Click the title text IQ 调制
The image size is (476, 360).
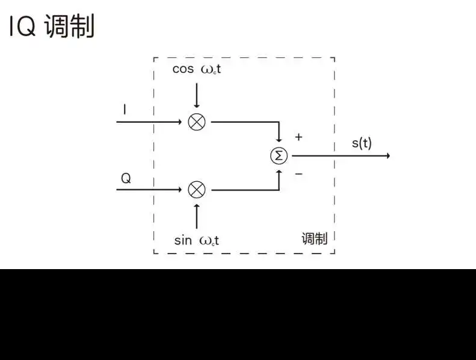point(52,27)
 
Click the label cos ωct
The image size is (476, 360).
point(196,69)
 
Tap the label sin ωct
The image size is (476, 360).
point(196,240)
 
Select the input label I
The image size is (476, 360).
point(125,110)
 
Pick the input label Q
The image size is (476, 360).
point(126,178)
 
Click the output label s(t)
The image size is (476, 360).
point(362,143)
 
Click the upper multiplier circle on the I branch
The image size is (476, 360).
point(197,122)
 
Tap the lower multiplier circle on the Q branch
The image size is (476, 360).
point(197,190)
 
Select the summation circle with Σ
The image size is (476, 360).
point(279,155)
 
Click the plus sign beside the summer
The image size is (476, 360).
point(298,137)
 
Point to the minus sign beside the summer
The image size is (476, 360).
point(298,175)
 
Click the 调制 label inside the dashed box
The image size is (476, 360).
point(314,239)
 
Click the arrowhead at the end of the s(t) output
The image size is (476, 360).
point(388,155)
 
